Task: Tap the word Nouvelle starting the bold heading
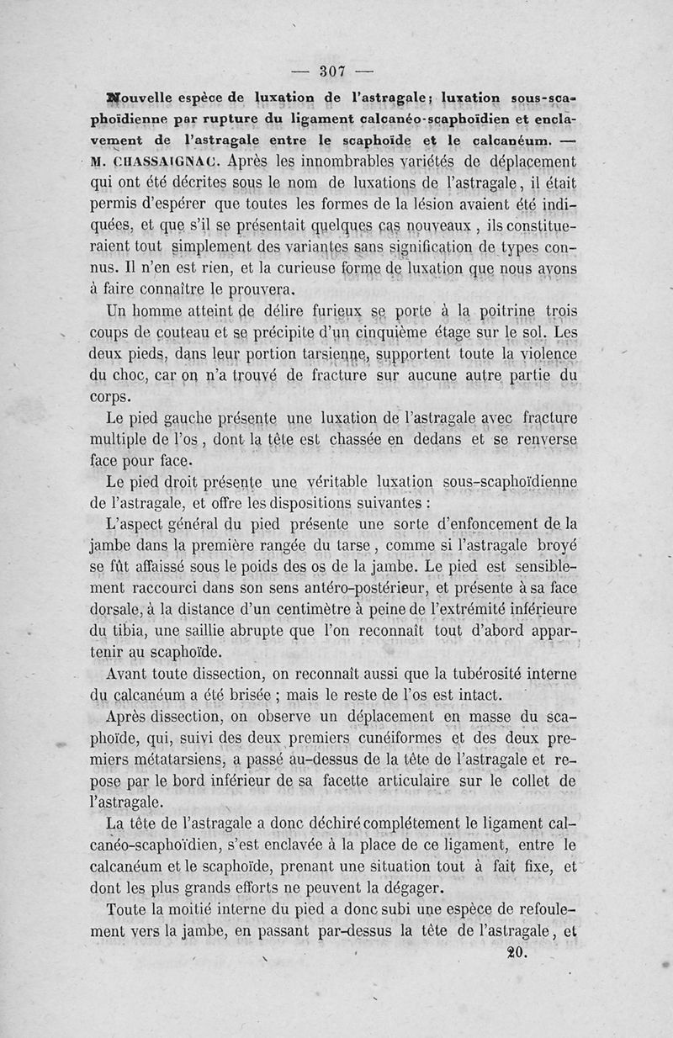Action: coord(147,97)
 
